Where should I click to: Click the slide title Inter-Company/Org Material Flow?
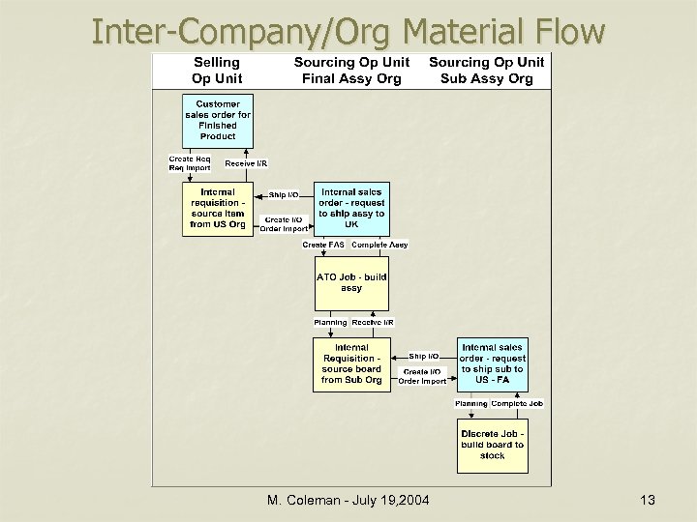point(348,31)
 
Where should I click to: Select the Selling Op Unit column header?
point(217,70)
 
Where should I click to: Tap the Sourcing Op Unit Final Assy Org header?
point(351,70)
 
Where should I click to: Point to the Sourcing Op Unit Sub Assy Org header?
point(486,70)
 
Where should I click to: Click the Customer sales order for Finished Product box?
point(218,120)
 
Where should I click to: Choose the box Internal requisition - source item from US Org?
point(218,209)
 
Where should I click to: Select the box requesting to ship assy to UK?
point(351,209)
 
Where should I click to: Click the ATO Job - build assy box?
point(351,282)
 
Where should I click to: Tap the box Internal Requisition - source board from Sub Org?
point(351,363)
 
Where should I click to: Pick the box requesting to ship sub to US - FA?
point(492,363)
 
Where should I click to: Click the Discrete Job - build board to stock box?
point(492,444)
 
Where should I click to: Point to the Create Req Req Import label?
point(189,163)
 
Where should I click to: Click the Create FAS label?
point(323,245)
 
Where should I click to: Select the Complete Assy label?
point(379,245)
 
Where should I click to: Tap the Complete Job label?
point(517,403)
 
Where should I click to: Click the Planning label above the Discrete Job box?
point(471,403)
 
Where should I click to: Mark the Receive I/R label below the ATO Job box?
point(373,322)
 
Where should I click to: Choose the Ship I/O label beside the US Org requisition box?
point(284,194)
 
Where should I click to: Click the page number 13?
point(648,500)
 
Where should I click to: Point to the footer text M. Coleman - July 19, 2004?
point(348,500)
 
